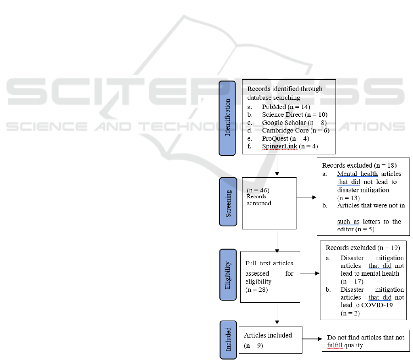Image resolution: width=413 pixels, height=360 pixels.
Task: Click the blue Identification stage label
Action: (227, 118)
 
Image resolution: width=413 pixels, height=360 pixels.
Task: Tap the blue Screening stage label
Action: (228, 202)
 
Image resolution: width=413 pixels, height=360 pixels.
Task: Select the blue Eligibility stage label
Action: (228, 275)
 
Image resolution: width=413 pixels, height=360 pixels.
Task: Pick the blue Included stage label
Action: (228, 340)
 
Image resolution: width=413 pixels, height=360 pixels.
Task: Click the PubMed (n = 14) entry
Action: (286, 107)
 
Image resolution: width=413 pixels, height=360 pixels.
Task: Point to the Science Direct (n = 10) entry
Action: (295, 115)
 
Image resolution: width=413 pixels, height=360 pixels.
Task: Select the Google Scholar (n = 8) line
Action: (294, 123)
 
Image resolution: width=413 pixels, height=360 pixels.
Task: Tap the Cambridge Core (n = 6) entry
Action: (296, 131)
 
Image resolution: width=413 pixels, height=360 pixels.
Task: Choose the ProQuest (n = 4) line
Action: (285, 138)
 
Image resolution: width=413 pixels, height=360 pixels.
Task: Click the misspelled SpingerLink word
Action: (280, 146)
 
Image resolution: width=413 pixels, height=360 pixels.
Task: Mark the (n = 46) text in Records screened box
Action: (258, 190)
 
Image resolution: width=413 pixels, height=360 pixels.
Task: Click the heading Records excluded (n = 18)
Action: (359, 165)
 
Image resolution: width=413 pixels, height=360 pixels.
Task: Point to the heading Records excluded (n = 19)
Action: (363, 248)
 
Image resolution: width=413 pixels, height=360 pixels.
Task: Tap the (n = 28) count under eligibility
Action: (256, 290)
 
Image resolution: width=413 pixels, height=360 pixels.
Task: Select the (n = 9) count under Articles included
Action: (253, 345)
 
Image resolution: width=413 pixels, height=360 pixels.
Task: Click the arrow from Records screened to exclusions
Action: (306, 197)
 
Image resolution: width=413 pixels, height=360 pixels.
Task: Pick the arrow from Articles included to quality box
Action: (312, 339)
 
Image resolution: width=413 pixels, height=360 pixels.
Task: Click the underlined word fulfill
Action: (335, 345)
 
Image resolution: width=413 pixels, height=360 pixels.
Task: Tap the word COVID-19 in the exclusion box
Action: (377, 305)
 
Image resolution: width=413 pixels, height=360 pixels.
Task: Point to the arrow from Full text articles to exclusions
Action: (310, 273)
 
